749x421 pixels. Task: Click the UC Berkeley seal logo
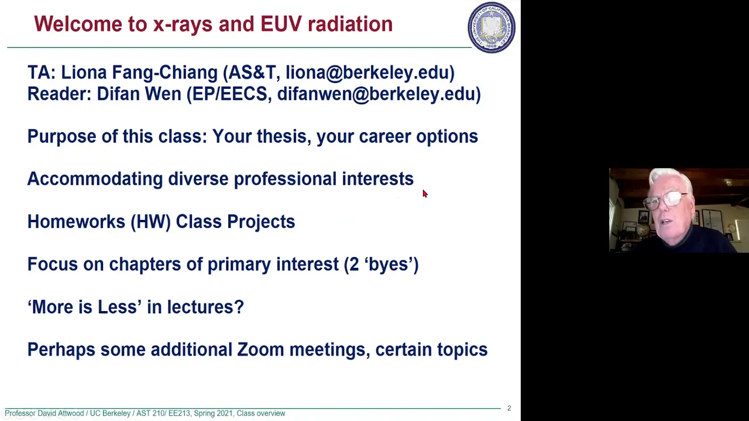click(x=491, y=27)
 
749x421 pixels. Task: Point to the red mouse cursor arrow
click(x=425, y=194)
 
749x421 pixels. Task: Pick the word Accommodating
click(x=95, y=179)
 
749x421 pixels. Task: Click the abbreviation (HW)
click(x=151, y=222)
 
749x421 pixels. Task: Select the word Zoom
click(x=260, y=350)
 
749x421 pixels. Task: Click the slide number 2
click(x=509, y=408)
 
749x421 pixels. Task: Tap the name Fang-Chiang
click(x=165, y=73)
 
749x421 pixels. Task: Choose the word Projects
click(x=261, y=222)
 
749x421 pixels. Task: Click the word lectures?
click(x=205, y=307)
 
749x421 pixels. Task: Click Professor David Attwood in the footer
click(x=44, y=413)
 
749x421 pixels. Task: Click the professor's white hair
click(x=670, y=180)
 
